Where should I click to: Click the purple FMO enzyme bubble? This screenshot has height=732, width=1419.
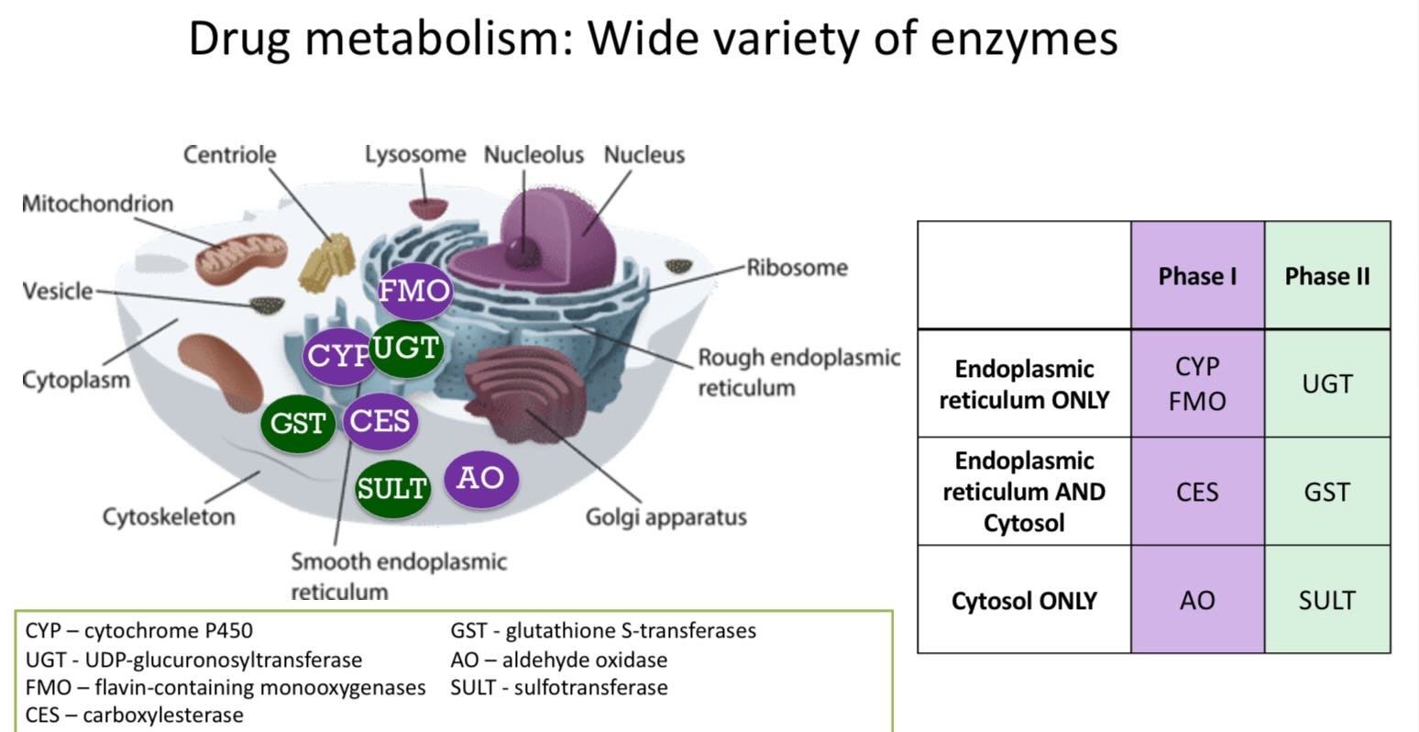[x=414, y=291]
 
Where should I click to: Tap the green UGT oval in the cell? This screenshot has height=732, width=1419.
[x=406, y=348]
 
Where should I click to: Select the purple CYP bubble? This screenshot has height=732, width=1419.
[x=337, y=356]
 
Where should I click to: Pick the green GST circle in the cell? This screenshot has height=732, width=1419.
[x=298, y=423]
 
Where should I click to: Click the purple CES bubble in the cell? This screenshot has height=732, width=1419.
[x=380, y=421]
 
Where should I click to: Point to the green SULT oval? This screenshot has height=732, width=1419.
[x=392, y=488]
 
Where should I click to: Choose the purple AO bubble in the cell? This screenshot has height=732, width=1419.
[x=481, y=479]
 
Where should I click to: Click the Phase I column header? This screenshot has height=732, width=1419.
[x=1197, y=276]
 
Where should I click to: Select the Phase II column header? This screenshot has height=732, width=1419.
[x=1327, y=276]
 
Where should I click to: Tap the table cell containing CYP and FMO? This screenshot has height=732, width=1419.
[x=1197, y=383]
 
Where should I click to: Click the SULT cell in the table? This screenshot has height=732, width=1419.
[x=1327, y=600]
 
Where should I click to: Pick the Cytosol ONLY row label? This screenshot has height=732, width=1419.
[x=1024, y=601]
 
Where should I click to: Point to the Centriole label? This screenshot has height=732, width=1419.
[x=230, y=155]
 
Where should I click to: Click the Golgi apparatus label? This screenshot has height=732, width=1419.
[x=665, y=517]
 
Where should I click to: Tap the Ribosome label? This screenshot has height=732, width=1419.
[x=797, y=268]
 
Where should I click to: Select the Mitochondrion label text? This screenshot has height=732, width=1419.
[x=97, y=204]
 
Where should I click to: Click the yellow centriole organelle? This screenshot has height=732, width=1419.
[x=326, y=261]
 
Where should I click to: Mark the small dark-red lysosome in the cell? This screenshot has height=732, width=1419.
[x=428, y=208]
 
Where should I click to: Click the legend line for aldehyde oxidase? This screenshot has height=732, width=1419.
[x=559, y=660]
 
